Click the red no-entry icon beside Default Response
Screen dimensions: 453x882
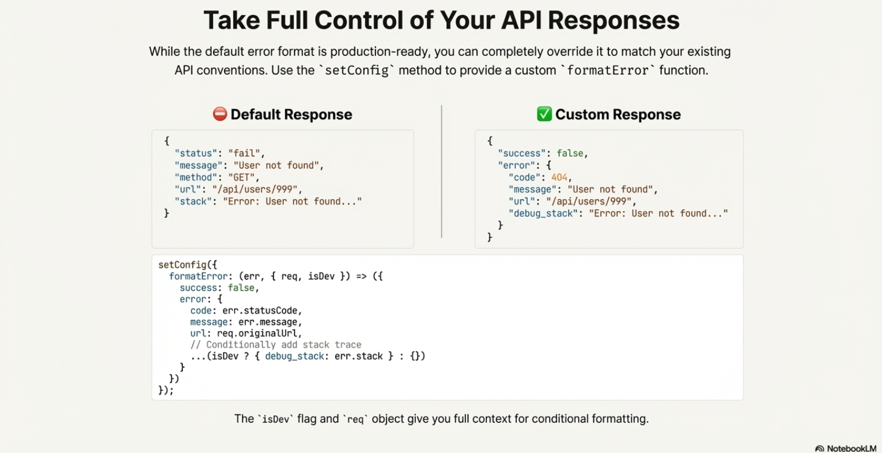tap(220, 114)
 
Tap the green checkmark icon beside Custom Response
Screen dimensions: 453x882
tap(544, 114)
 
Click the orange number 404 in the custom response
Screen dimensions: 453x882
tap(560, 177)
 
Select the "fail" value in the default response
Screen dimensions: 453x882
tap(246, 153)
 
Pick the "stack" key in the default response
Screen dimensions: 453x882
tap(193, 201)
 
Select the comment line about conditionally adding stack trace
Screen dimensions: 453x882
tap(276, 345)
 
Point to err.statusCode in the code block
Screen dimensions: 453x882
tap(261, 311)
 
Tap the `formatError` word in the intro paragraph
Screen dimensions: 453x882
tap(608, 70)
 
